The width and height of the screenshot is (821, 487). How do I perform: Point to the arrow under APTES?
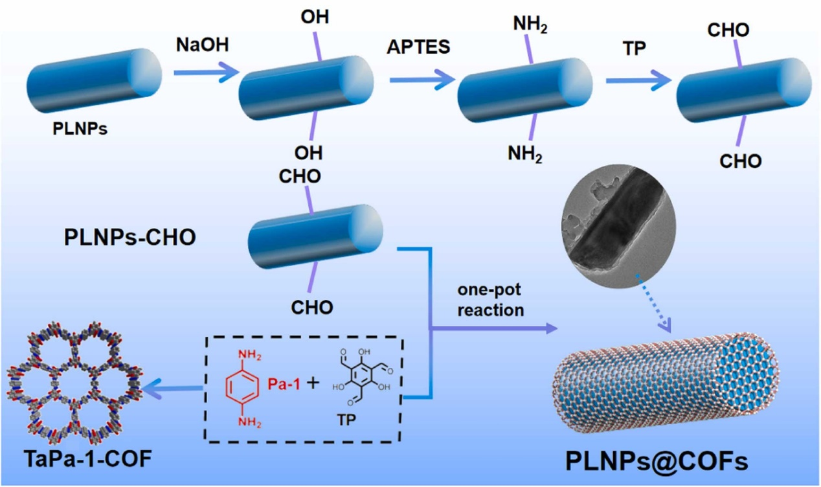coord(422,78)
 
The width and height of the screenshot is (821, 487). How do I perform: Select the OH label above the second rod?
coord(314,17)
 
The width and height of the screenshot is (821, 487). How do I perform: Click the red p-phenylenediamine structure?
coord(242,387)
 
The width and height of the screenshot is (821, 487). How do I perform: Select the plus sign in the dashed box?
coord(313,383)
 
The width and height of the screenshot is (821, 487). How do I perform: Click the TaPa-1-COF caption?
coord(79,460)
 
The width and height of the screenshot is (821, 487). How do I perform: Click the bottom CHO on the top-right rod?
coord(741,161)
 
